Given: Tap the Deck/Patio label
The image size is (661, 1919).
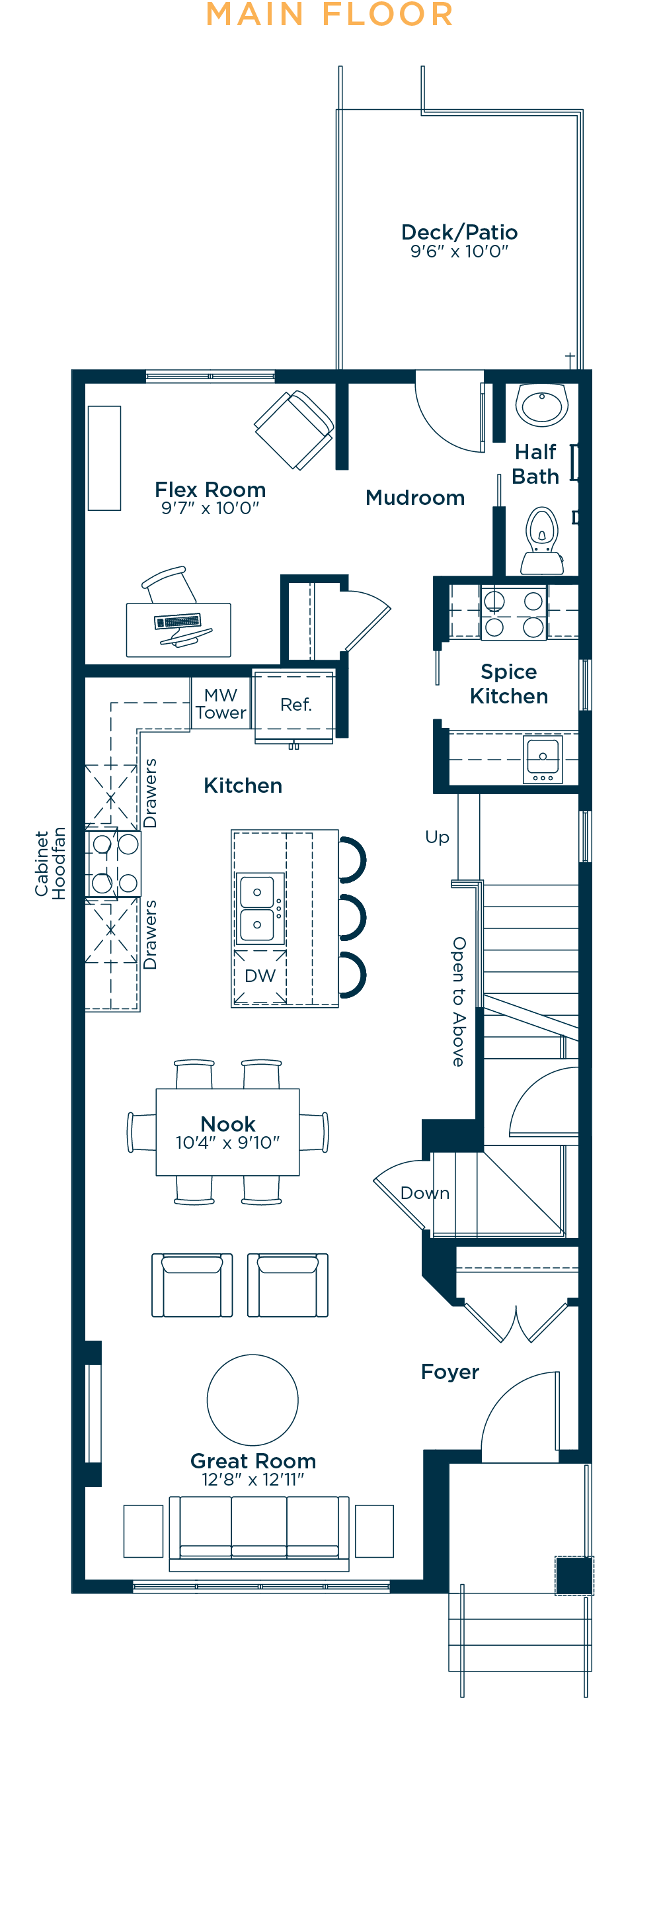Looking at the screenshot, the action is click(x=459, y=232).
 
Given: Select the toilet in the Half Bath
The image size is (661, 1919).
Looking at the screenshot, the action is click(x=542, y=540).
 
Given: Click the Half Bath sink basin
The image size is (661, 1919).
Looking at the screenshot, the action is click(x=542, y=405).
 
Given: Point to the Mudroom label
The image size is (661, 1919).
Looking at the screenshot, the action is click(x=415, y=498).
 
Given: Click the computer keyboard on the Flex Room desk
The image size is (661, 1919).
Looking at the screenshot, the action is click(x=177, y=621).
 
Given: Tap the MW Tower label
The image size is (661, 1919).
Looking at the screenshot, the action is click(x=221, y=704).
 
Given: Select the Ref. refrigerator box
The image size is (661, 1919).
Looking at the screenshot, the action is click(x=294, y=705).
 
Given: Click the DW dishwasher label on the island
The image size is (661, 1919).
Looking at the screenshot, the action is click(x=260, y=976).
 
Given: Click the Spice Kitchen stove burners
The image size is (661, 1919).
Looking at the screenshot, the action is click(x=514, y=612).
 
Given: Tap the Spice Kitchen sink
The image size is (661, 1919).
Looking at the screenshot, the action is click(x=543, y=759).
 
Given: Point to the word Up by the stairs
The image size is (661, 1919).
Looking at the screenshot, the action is click(x=437, y=837).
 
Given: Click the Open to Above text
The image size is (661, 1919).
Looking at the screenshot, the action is click(x=459, y=1001).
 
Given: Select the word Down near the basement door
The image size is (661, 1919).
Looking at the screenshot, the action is click(x=425, y=1192).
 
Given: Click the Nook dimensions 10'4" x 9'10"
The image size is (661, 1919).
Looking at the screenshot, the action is click(x=228, y=1143).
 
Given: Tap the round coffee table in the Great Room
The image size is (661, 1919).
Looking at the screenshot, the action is click(x=253, y=1400).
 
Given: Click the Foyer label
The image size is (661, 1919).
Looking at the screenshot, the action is click(x=449, y=1372).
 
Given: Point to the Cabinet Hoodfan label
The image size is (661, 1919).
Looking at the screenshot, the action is click(x=50, y=864).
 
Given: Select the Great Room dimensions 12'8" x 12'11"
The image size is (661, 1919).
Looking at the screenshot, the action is click(x=253, y=1480).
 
